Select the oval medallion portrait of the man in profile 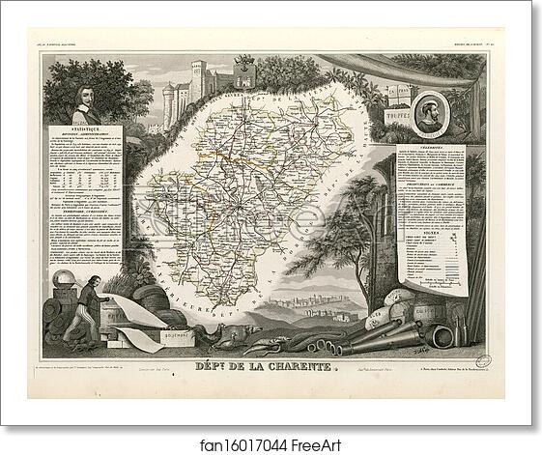426,112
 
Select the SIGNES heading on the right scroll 430,217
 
